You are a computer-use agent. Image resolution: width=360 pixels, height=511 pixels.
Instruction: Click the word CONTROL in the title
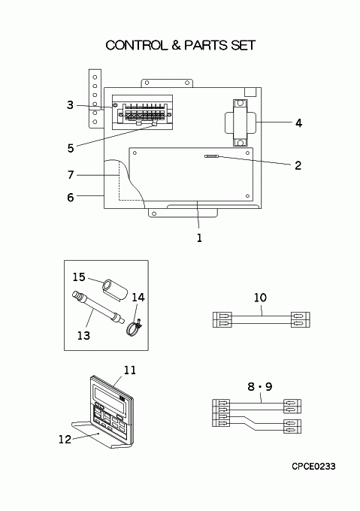[136, 45]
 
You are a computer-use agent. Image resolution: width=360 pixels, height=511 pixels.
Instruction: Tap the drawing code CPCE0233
[313, 467]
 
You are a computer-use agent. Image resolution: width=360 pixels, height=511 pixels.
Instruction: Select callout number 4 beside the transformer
[298, 123]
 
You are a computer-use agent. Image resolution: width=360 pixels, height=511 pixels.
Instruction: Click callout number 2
[298, 165]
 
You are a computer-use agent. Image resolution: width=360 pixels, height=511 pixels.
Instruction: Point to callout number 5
[71, 148]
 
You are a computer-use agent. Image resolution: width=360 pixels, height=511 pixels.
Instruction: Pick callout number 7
[71, 175]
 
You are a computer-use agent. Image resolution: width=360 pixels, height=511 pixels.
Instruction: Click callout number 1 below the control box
[199, 238]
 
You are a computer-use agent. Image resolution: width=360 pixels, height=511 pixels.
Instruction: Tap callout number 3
[71, 105]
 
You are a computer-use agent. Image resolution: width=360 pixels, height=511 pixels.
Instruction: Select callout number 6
[71, 198]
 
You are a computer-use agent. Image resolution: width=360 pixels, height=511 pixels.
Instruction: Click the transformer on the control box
[241, 122]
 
